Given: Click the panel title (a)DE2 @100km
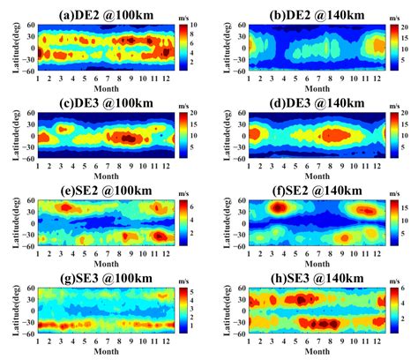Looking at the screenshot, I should [x=104, y=13].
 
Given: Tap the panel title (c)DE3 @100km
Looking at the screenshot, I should [x=104, y=103].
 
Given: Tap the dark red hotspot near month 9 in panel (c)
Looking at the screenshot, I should [x=130, y=138].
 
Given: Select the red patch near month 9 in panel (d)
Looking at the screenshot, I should [x=338, y=136].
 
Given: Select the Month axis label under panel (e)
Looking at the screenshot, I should [x=104, y=263].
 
